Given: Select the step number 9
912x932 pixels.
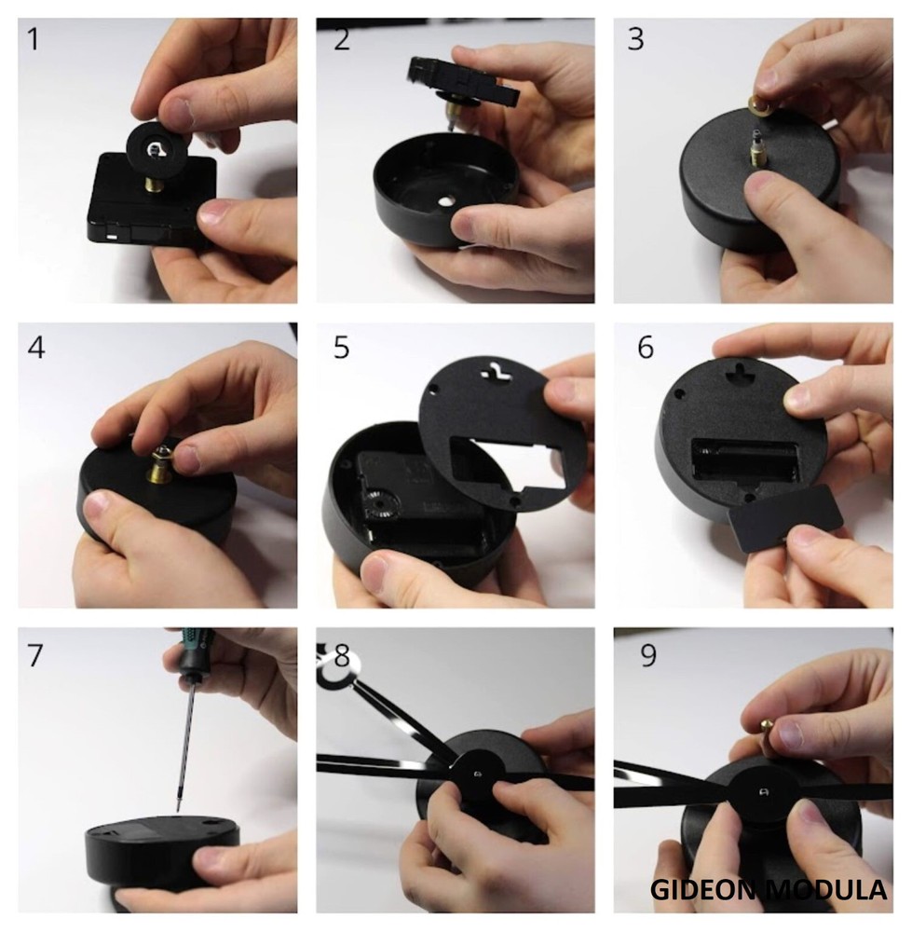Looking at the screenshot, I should (x=648, y=656).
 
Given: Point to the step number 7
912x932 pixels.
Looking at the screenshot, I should (x=34, y=656).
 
